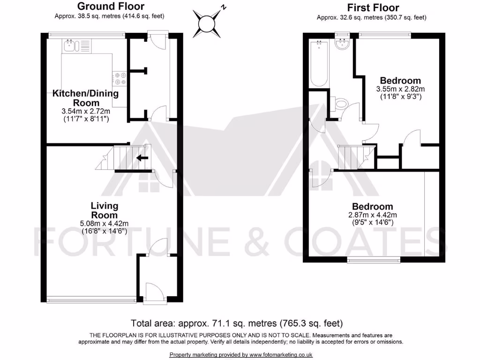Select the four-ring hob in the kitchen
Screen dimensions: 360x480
coord(119,78)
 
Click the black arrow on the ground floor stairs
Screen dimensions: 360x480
coord(142,158)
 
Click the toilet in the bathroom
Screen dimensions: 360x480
coord(341,103)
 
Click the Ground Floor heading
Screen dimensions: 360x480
coord(111,7)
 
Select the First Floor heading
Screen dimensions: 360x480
coord(373,7)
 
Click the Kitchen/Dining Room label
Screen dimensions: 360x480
coord(85,98)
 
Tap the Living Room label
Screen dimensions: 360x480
coord(104,210)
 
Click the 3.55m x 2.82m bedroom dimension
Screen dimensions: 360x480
coord(400,89)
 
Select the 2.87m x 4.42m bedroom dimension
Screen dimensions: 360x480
coord(373,215)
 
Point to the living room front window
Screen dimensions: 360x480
coord(91,300)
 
